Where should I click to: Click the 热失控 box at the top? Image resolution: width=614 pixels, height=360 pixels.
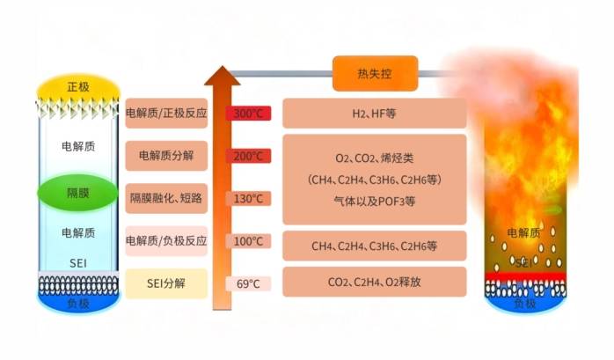coord(375,74)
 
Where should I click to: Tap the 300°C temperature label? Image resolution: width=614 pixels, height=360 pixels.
coord(248,114)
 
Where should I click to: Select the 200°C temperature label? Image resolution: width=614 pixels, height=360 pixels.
coord(248,156)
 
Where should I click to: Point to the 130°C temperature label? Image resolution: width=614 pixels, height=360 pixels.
coord(248,198)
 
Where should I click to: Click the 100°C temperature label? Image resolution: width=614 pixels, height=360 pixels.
coord(248,241)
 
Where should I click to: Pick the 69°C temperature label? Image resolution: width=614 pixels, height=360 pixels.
coord(248,283)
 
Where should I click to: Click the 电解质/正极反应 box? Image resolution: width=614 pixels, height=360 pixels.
coord(166,114)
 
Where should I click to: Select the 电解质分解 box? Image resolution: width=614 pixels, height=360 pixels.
coord(166,156)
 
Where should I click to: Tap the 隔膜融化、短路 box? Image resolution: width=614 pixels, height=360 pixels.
coord(166,198)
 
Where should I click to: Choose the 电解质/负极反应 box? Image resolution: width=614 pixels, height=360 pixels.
coord(166,241)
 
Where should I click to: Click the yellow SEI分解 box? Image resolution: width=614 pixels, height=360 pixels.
coord(166,283)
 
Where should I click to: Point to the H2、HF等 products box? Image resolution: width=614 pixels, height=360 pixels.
coord(374,114)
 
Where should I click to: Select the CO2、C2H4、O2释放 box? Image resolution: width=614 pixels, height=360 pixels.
coord(374,283)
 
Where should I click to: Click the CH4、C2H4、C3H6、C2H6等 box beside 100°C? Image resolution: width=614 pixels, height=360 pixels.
coord(374,241)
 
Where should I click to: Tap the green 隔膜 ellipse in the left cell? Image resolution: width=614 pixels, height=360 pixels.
coord(77,192)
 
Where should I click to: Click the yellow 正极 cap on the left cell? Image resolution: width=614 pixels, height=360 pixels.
coord(77,87)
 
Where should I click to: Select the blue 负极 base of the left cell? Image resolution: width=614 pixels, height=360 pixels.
coord(77,301)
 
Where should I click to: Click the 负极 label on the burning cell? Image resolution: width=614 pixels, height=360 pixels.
coord(524,303)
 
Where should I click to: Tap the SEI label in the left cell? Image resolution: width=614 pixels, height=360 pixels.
coord(77,262)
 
